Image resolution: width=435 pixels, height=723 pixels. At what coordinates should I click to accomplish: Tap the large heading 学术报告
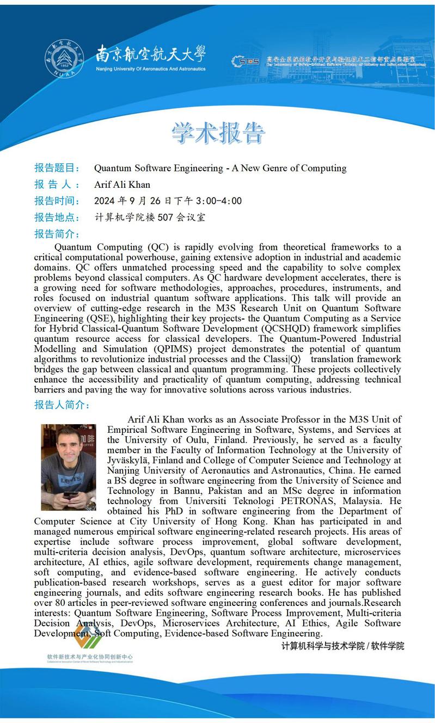pyautogui.click(x=218, y=133)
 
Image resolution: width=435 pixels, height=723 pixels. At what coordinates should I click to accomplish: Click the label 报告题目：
pyautogui.click(x=57, y=168)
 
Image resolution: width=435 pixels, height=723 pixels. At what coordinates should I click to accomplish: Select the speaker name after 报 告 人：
pyautogui.click(x=122, y=184)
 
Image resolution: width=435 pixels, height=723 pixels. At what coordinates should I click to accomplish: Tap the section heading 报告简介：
pyautogui.click(x=57, y=234)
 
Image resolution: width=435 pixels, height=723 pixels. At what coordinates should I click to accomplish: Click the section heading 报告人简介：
pyautogui.click(x=62, y=405)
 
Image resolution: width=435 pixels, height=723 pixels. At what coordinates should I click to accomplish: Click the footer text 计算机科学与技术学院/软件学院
pyautogui.click(x=342, y=646)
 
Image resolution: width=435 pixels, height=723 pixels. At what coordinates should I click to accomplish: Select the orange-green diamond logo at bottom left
pyautogui.click(x=87, y=636)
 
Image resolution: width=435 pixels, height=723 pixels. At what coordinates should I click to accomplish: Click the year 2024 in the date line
pyautogui.click(x=105, y=201)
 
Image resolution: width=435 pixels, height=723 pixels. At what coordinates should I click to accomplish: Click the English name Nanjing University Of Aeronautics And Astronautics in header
pyautogui.click(x=151, y=69)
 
